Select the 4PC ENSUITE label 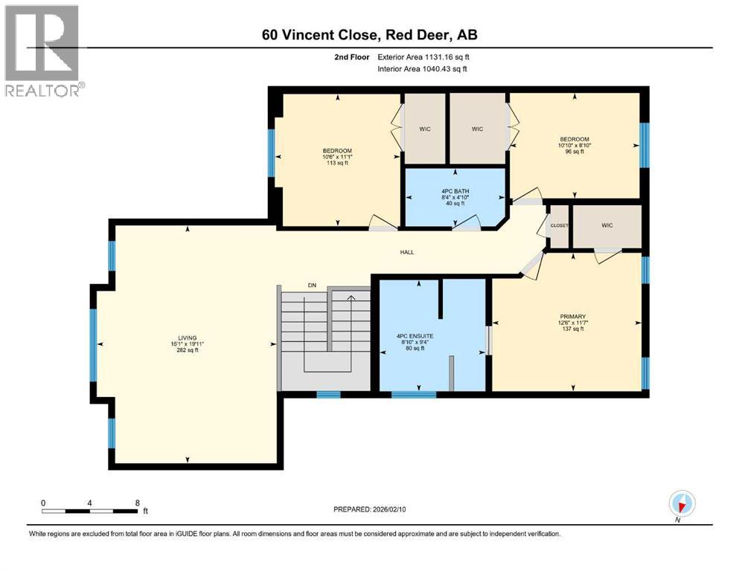[415, 336]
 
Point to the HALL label [406, 252]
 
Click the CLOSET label [558, 226]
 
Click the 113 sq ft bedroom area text [336, 163]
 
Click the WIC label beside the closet [606, 226]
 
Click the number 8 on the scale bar [137, 503]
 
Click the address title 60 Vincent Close [368, 34]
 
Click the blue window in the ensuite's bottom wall [403, 394]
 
